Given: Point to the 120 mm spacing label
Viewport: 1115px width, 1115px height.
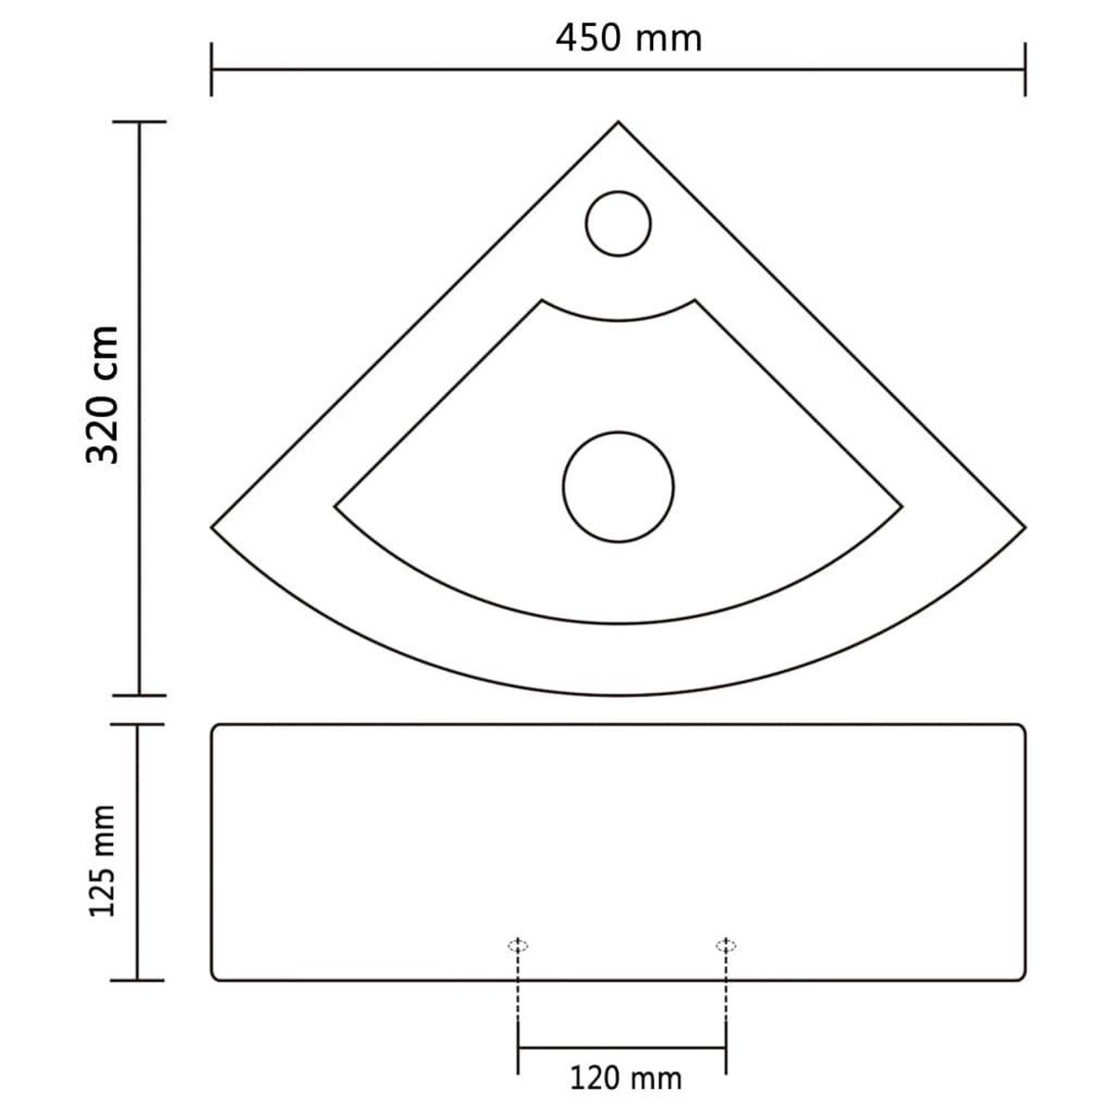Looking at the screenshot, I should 625,1077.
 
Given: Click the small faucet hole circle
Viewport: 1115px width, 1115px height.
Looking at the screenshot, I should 620,223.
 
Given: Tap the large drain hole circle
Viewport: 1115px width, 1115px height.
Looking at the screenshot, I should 618,487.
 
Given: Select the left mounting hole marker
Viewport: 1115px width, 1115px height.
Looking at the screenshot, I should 518,946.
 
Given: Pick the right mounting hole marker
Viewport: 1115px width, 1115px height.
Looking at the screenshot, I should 726,946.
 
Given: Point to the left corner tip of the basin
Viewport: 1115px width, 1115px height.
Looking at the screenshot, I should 213,527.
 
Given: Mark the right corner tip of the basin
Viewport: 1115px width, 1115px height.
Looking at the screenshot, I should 1025,527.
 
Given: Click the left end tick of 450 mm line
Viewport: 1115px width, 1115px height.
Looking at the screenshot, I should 213,70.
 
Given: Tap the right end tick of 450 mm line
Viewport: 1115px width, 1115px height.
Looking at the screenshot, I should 1025,70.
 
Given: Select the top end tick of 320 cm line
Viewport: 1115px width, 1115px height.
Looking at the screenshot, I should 138,122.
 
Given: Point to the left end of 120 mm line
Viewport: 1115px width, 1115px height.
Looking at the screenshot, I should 518,1048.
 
